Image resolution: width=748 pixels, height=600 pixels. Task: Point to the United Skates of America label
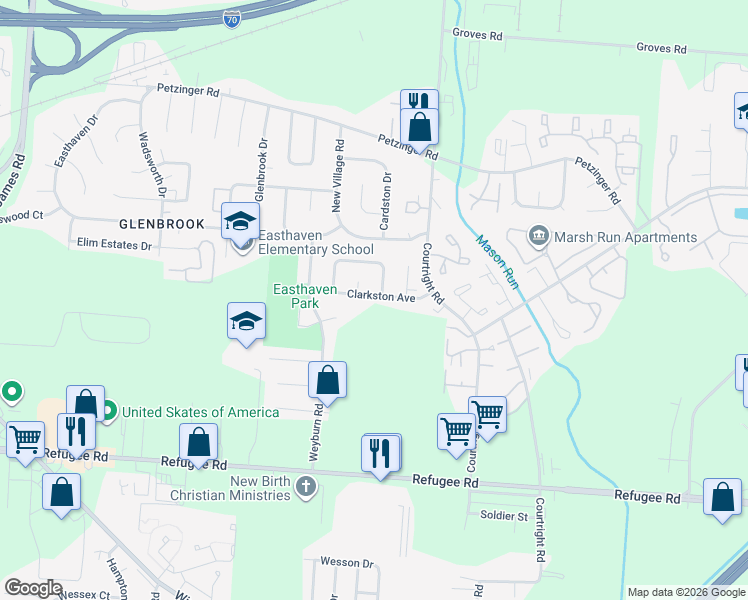200,411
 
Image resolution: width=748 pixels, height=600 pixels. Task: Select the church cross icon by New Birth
306,488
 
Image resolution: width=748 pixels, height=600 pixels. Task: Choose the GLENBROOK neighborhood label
161,224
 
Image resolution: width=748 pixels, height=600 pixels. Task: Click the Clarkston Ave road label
380,297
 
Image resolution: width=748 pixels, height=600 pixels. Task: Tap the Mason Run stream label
497,262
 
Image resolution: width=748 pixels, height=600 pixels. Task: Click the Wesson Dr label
346,563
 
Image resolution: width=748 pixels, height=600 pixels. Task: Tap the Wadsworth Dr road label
152,164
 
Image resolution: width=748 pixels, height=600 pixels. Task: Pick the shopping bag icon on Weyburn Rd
327,380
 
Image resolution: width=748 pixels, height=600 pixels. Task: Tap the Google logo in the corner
33,588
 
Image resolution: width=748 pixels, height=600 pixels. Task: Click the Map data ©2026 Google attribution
686,592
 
